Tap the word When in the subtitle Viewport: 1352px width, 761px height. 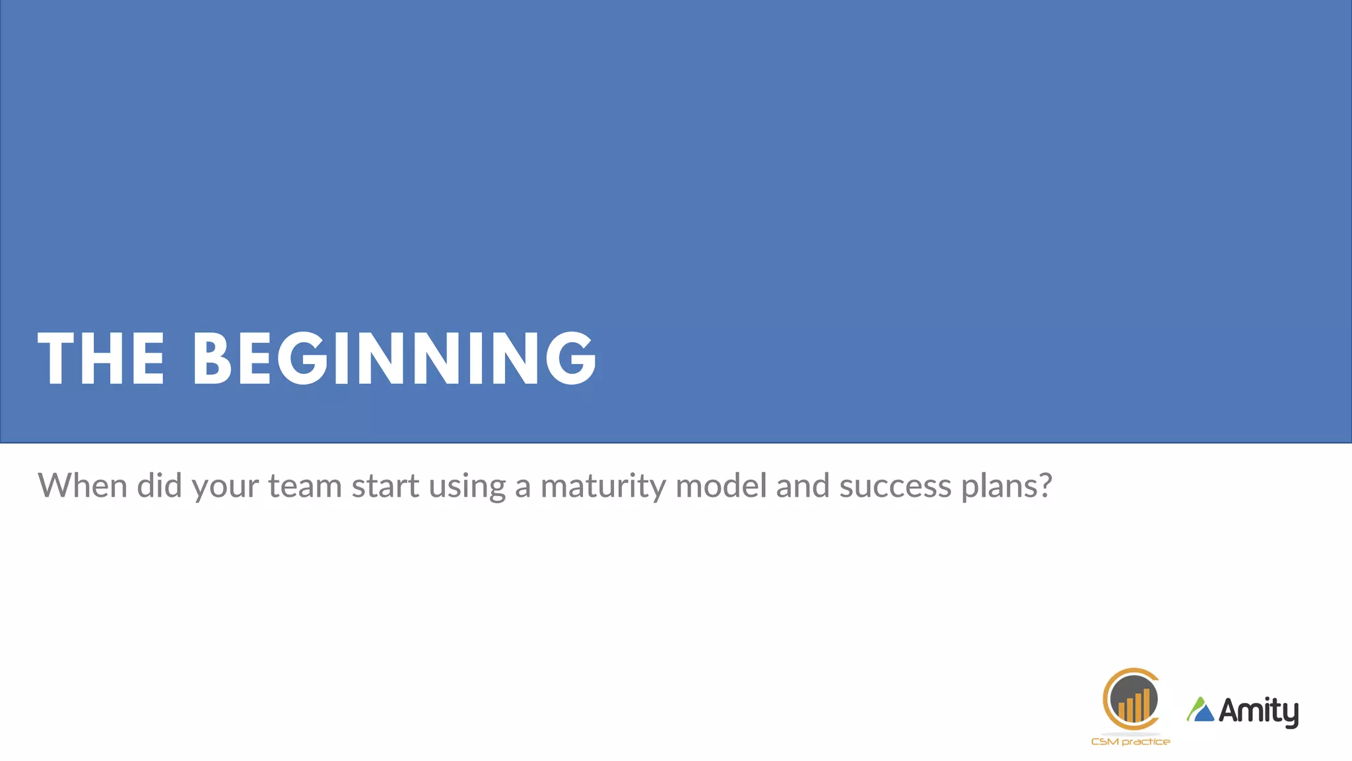pyautogui.click(x=83, y=486)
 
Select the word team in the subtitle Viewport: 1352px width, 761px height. pyautogui.click(x=305, y=486)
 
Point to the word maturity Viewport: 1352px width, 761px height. pyautogui.click(x=603, y=487)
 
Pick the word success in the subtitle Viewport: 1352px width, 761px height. pyautogui.click(x=895, y=486)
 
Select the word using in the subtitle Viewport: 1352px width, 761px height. pyautogui.click(x=467, y=487)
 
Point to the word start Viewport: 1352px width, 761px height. pyautogui.click(x=385, y=486)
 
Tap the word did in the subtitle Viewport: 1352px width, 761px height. pyautogui.click(x=159, y=486)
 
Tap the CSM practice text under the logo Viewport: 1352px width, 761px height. pyautogui.click(x=1130, y=742)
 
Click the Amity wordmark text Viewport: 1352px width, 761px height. pyautogui.click(x=1258, y=711)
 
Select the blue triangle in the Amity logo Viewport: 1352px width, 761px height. pyautogui.click(x=1204, y=712)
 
